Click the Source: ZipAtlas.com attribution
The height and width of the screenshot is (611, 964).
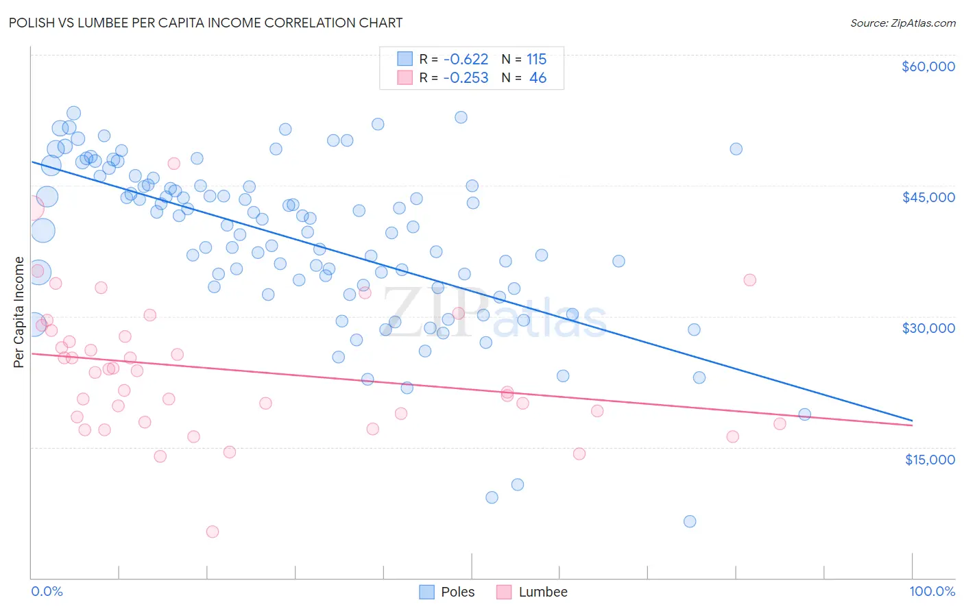pos(902,23)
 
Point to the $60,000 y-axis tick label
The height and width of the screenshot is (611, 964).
pos(928,66)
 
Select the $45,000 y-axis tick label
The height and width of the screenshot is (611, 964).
pos(928,197)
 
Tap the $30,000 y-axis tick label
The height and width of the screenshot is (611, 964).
pos(928,328)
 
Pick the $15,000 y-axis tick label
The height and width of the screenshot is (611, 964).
pos(929,460)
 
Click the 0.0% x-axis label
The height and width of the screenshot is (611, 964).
pos(47,591)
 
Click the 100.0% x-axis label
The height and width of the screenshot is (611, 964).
pos(932,591)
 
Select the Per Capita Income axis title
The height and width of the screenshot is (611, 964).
pos(19,312)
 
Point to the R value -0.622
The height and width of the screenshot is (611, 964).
pos(466,60)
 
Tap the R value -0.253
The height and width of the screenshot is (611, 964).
pos(466,78)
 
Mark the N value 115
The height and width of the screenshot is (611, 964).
pos(536,60)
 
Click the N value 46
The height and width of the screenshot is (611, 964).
pos(538,78)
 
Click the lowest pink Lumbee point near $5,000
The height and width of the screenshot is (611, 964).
pos(213,532)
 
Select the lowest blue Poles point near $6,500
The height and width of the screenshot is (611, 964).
pos(690,521)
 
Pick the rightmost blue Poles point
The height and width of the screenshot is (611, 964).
pos(805,414)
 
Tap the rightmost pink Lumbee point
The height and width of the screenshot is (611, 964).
pos(780,424)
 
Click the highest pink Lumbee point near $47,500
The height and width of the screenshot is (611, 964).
pos(173,164)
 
